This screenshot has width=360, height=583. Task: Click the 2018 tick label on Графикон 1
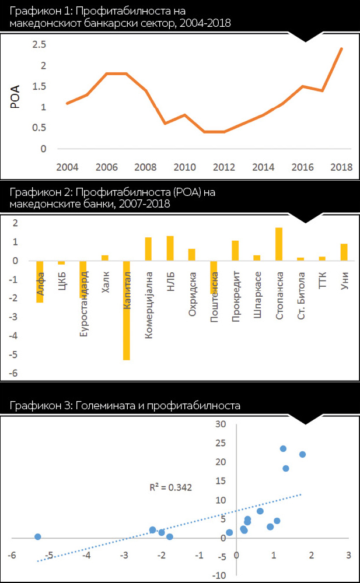pyautogui.click(x=341, y=167)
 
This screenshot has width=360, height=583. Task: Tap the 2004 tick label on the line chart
pyautogui.click(x=67, y=167)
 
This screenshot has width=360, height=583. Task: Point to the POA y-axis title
pyautogui.click(x=16, y=97)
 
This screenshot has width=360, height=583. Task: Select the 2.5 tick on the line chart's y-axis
pyautogui.click(x=39, y=44)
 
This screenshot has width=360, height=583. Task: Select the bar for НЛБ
pyautogui.click(x=170, y=248)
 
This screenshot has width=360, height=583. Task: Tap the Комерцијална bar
pyautogui.click(x=148, y=249)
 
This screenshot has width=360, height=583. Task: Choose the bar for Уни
pyautogui.click(x=344, y=252)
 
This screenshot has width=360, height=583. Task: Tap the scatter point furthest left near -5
pyautogui.click(x=37, y=536)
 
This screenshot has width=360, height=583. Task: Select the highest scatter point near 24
pyautogui.click(x=283, y=448)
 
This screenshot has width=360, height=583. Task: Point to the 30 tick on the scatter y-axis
pyautogui.click(x=220, y=424)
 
